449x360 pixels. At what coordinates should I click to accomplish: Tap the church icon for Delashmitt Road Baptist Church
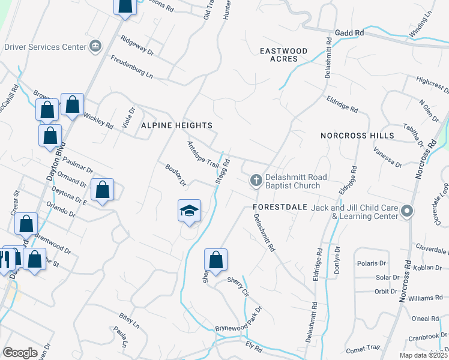[x=256, y=180]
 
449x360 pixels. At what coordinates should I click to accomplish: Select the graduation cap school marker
[x=189, y=211]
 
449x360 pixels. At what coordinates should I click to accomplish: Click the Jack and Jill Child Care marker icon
[x=408, y=211]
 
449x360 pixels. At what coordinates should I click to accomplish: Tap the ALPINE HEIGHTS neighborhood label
[x=176, y=125]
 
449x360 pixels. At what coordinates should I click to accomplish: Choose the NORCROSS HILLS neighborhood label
[x=357, y=136]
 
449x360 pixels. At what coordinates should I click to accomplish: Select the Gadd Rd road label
[x=350, y=32]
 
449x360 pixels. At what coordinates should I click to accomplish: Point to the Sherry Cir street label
[x=238, y=286]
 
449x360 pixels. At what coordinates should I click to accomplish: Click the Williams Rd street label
[x=425, y=298]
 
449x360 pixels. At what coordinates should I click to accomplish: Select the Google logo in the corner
[x=20, y=353]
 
